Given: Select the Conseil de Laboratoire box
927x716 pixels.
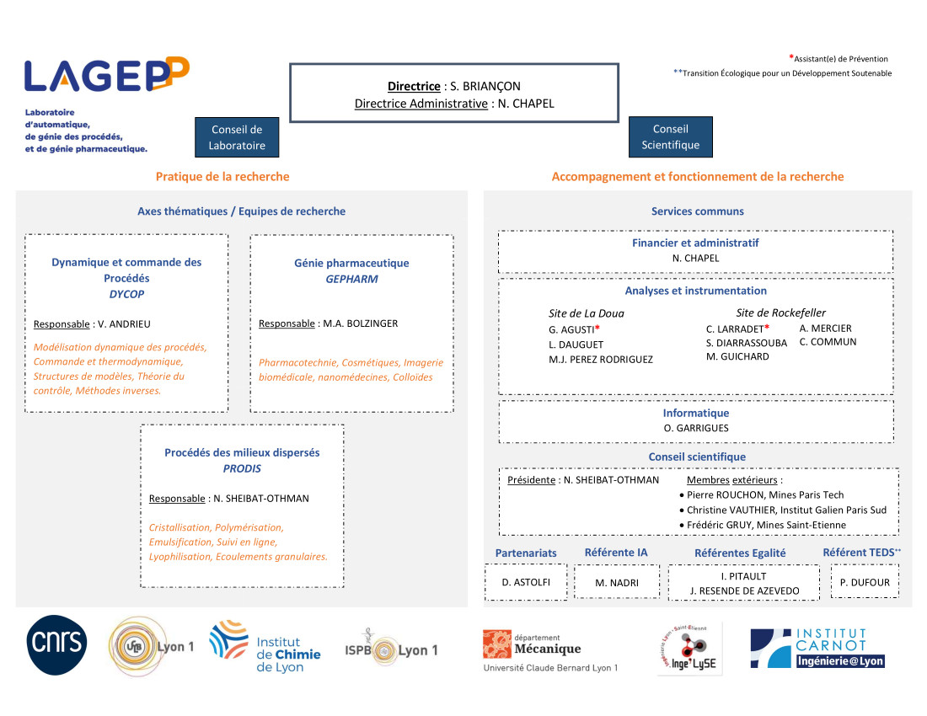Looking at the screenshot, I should point(238,137).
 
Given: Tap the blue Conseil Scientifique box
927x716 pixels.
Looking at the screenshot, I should point(670,136).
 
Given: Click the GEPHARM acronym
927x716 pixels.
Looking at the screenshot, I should point(351,279).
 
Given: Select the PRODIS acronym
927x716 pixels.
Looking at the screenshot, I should point(242,468).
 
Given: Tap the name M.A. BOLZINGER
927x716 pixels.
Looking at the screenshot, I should point(360,323).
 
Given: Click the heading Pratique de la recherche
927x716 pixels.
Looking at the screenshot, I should point(222,176).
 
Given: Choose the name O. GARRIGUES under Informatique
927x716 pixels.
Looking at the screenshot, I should point(696,428).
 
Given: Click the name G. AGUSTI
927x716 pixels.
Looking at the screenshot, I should point(571,329).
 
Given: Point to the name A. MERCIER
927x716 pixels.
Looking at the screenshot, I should point(825,329).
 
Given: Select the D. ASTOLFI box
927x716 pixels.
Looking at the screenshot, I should point(526,582).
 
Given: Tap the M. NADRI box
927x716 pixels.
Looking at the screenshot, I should point(617,582).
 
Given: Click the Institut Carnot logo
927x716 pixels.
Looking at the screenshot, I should point(817,649).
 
